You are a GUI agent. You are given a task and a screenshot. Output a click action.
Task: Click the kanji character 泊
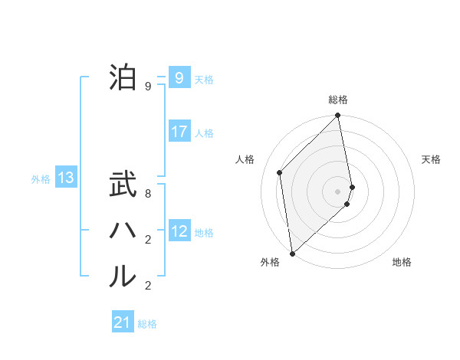(123, 77)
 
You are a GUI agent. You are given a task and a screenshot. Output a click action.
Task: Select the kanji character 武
(123, 186)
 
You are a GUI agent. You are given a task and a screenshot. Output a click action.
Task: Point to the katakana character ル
(123, 277)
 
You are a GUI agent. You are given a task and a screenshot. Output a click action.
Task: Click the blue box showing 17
(179, 132)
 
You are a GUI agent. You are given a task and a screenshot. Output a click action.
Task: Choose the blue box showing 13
(66, 178)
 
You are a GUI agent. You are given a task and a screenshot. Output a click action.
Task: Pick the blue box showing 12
(179, 231)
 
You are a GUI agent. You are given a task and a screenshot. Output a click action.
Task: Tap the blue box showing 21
(123, 322)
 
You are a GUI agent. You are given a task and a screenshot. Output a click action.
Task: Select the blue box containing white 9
(179, 77)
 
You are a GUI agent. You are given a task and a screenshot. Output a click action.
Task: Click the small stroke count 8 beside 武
(148, 195)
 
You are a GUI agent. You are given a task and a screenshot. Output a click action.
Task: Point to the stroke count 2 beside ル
(148, 286)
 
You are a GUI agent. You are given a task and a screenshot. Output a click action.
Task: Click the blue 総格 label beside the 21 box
(147, 324)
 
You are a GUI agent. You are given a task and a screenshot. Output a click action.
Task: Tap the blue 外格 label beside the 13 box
(41, 179)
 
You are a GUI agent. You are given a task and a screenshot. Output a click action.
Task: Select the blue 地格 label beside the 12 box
(204, 233)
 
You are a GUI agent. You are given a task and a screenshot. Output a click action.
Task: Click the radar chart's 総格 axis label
(338, 100)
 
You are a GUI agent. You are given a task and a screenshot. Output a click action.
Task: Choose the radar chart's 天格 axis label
(432, 159)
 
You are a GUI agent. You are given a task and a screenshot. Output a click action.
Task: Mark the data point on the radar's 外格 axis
(292, 254)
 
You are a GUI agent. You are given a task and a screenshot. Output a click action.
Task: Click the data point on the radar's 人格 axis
(280, 172)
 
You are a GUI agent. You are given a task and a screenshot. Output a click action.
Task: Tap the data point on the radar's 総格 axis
(338, 116)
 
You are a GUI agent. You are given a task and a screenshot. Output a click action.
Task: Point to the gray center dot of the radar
(338, 191)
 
